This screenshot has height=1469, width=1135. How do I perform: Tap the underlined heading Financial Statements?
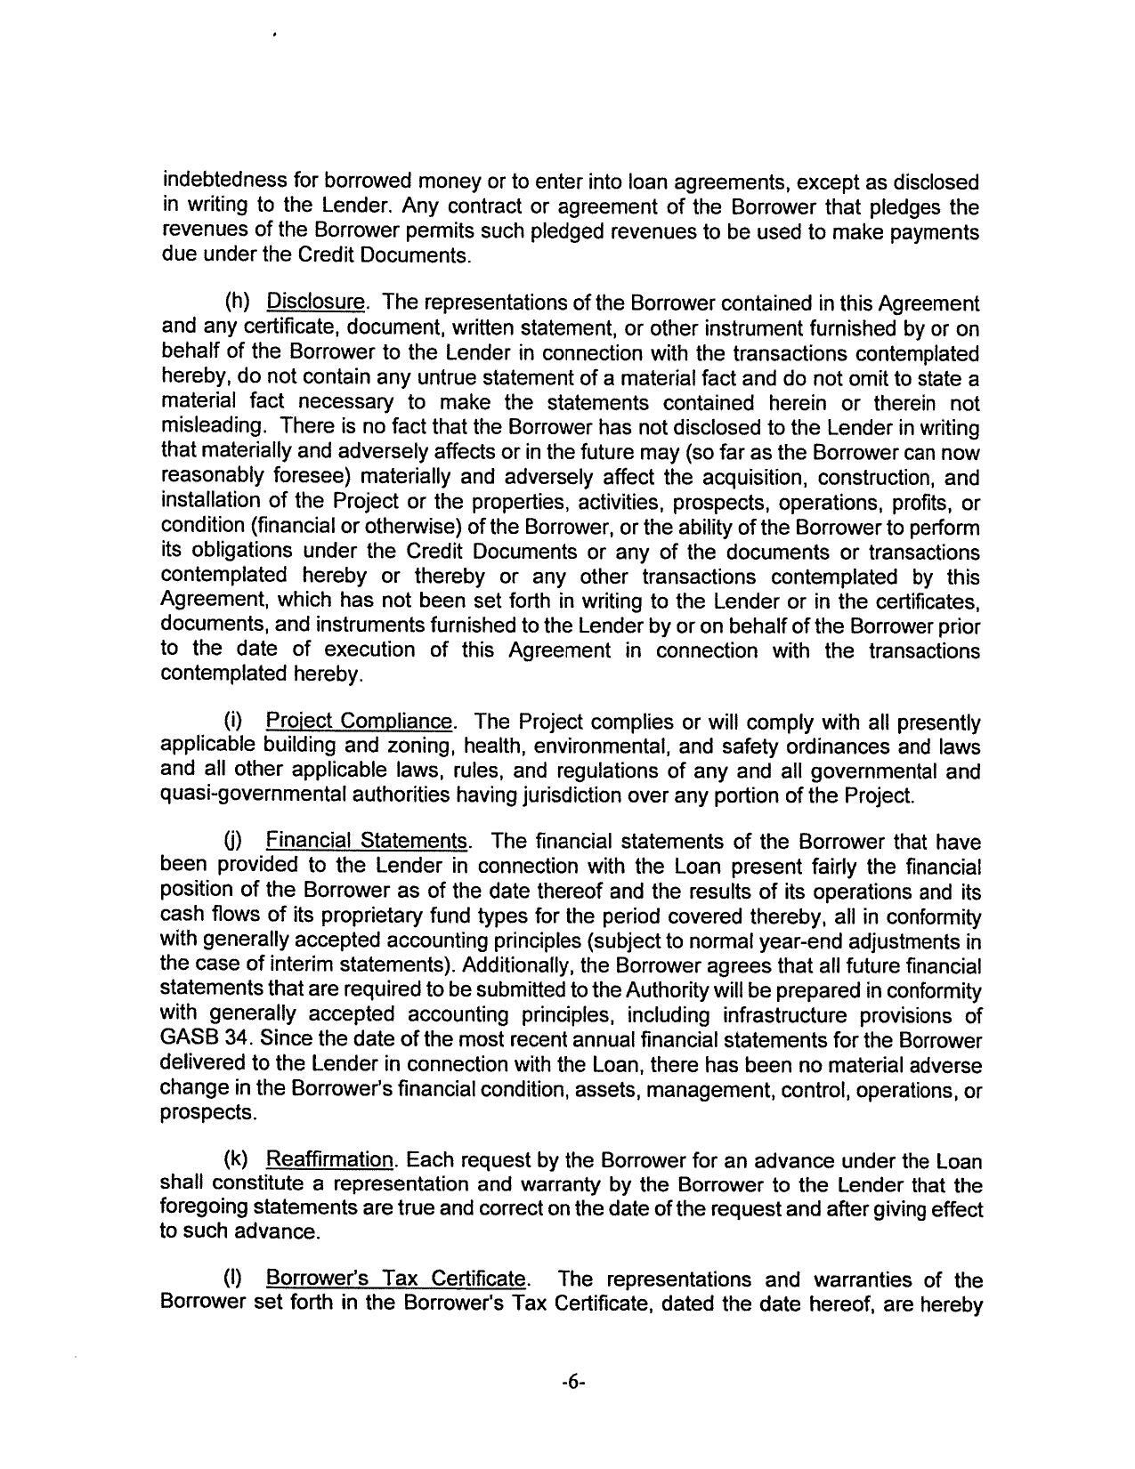click(367, 841)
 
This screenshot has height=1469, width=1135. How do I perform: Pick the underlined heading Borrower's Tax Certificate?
click(397, 1279)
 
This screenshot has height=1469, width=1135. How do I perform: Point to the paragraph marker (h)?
click(235, 303)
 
